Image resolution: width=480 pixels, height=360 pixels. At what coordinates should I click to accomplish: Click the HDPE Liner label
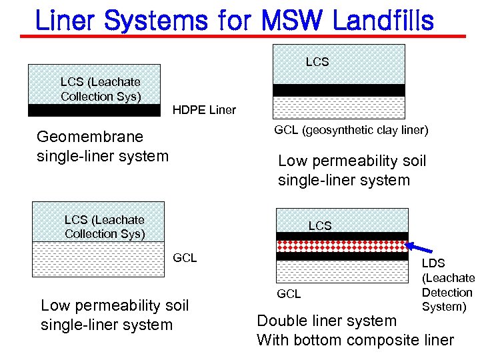pyautogui.click(x=204, y=110)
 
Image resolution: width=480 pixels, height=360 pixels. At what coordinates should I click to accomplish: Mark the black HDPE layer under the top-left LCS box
pyautogui.click(x=94, y=110)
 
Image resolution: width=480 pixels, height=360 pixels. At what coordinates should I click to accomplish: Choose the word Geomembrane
pyautogui.click(x=90, y=137)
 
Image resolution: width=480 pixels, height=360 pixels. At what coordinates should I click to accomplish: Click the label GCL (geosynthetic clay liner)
pyautogui.click(x=351, y=130)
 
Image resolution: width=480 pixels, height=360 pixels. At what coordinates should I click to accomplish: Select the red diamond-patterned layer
pyautogui.click(x=341, y=245)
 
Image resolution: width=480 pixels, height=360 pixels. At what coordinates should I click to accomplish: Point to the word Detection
pyautogui.click(x=447, y=293)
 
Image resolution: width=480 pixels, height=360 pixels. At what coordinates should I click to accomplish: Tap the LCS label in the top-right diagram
pyautogui.click(x=317, y=62)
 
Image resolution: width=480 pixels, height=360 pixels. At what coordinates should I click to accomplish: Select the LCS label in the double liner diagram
pyautogui.click(x=319, y=226)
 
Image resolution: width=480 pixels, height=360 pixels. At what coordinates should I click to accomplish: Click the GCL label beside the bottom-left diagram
pyautogui.click(x=185, y=258)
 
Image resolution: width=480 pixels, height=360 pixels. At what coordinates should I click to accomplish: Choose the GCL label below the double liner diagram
pyautogui.click(x=289, y=293)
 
